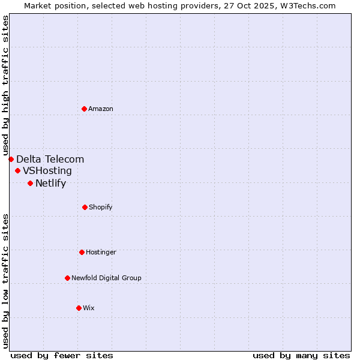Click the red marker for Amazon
click(x=84, y=109)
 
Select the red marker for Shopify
click(x=85, y=207)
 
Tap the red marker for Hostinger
click(x=82, y=252)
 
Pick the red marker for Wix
click(x=79, y=308)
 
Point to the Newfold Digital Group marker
click(x=67, y=278)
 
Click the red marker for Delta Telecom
click(x=11, y=159)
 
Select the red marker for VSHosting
click(x=17, y=171)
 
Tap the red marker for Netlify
click(x=30, y=183)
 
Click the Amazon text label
click(x=101, y=109)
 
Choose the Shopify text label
click(x=101, y=207)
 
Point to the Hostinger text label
click(x=101, y=252)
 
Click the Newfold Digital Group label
click(x=106, y=278)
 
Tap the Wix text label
click(x=89, y=308)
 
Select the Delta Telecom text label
click(x=50, y=159)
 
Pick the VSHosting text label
click(x=47, y=171)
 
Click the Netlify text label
click(x=50, y=183)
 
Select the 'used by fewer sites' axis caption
click(x=62, y=355)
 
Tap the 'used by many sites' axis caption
click(x=301, y=355)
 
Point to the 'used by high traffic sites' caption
click(x=5, y=86)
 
